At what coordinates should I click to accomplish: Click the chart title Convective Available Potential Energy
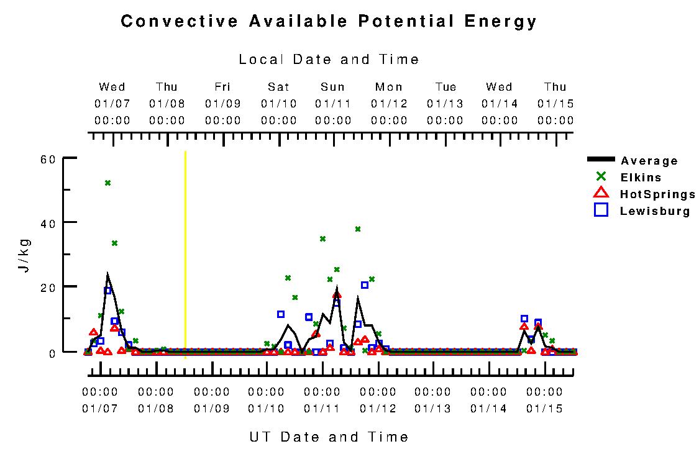click(x=329, y=22)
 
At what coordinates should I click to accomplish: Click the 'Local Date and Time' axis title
click(x=329, y=60)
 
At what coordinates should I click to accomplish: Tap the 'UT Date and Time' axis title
click(x=329, y=437)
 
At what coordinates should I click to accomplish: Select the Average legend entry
click(x=649, y=161)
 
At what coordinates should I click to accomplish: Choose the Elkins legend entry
click(x=641, y=178)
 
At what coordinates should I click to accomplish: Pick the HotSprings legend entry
click(x=657, y=194)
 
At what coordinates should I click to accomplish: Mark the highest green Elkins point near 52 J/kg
click(x=107, y=183)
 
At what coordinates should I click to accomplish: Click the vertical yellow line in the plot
click(x=185, y=248)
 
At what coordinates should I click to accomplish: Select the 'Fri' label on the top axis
click(x=223, y=87)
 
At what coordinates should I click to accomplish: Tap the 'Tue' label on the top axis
click(x=445, y=87)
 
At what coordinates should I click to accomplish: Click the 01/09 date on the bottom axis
click(x=212, y=409)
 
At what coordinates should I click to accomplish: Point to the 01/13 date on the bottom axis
click(x=433, y=409)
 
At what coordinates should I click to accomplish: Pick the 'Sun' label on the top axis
click(x=333, y=87)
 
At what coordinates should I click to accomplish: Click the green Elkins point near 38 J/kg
click(x=358, y=229)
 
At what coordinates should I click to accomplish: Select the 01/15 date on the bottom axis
click(x=544, y=409)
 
